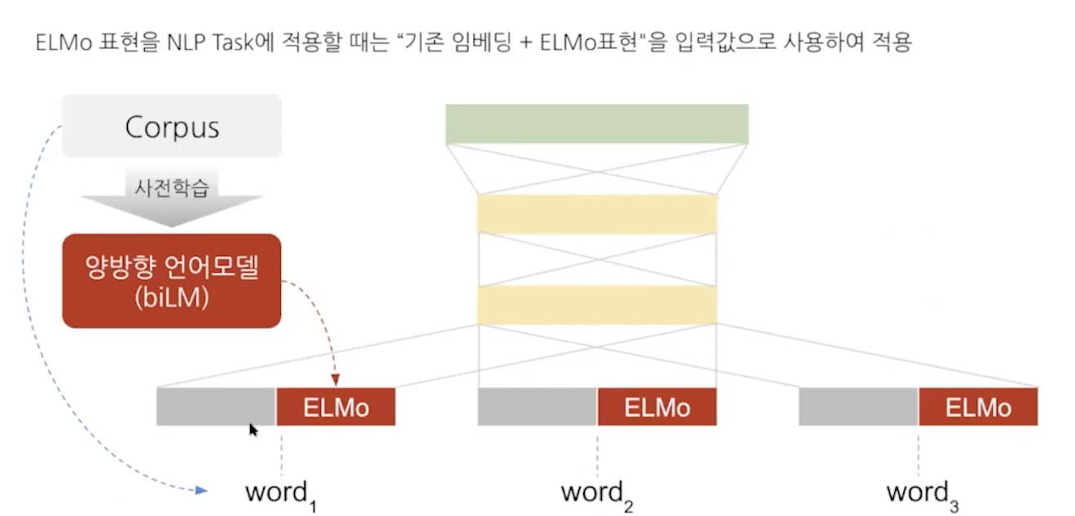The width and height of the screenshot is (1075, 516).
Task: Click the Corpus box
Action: pos(172,127)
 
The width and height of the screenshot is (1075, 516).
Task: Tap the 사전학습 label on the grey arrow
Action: pos(172,188)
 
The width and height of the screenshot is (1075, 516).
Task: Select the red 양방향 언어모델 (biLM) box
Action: pos(172,281)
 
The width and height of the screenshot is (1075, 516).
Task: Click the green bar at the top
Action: pos(596,125)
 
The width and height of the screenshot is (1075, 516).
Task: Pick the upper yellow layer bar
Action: pos(597,213)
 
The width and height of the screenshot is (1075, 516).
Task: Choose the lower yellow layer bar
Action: pos(597,304)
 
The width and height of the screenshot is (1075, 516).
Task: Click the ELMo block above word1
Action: pos(336,407)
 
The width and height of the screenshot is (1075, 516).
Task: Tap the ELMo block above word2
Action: pos(656,407)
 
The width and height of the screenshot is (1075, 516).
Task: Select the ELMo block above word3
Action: pos(978,407)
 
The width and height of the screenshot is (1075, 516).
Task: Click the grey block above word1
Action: pos(216,407)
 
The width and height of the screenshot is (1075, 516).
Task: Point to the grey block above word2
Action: pos(537,407)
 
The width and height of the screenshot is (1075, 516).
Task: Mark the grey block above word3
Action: pos(858,407)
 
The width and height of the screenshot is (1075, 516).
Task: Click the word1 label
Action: pos(280,493)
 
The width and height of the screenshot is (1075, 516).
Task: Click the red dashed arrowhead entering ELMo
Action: pos(336,380)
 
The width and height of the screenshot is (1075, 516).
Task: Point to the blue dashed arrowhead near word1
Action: pos(202,490)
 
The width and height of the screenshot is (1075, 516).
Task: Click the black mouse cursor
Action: pos(252,430)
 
